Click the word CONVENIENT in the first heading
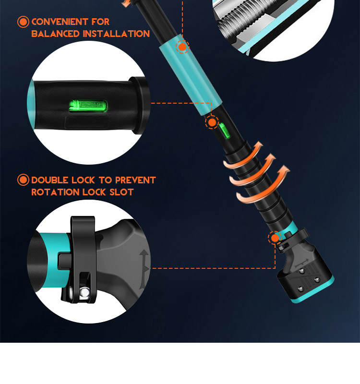[x=60, y=22]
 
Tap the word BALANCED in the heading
[x=56, y=34]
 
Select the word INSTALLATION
[x=116, y=34]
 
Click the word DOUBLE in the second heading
[x=50, y=180]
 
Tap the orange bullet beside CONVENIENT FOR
[x=23, y=22]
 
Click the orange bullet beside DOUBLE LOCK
[x=23, y=180]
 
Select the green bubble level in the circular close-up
[x=88, y=106]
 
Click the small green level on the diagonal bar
[x=225, y=131]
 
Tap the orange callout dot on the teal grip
[x=182, y=47]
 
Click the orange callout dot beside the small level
[x=212, y=122]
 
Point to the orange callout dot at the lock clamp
[x=275, y=238]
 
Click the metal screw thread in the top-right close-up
[x=247, y=20]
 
